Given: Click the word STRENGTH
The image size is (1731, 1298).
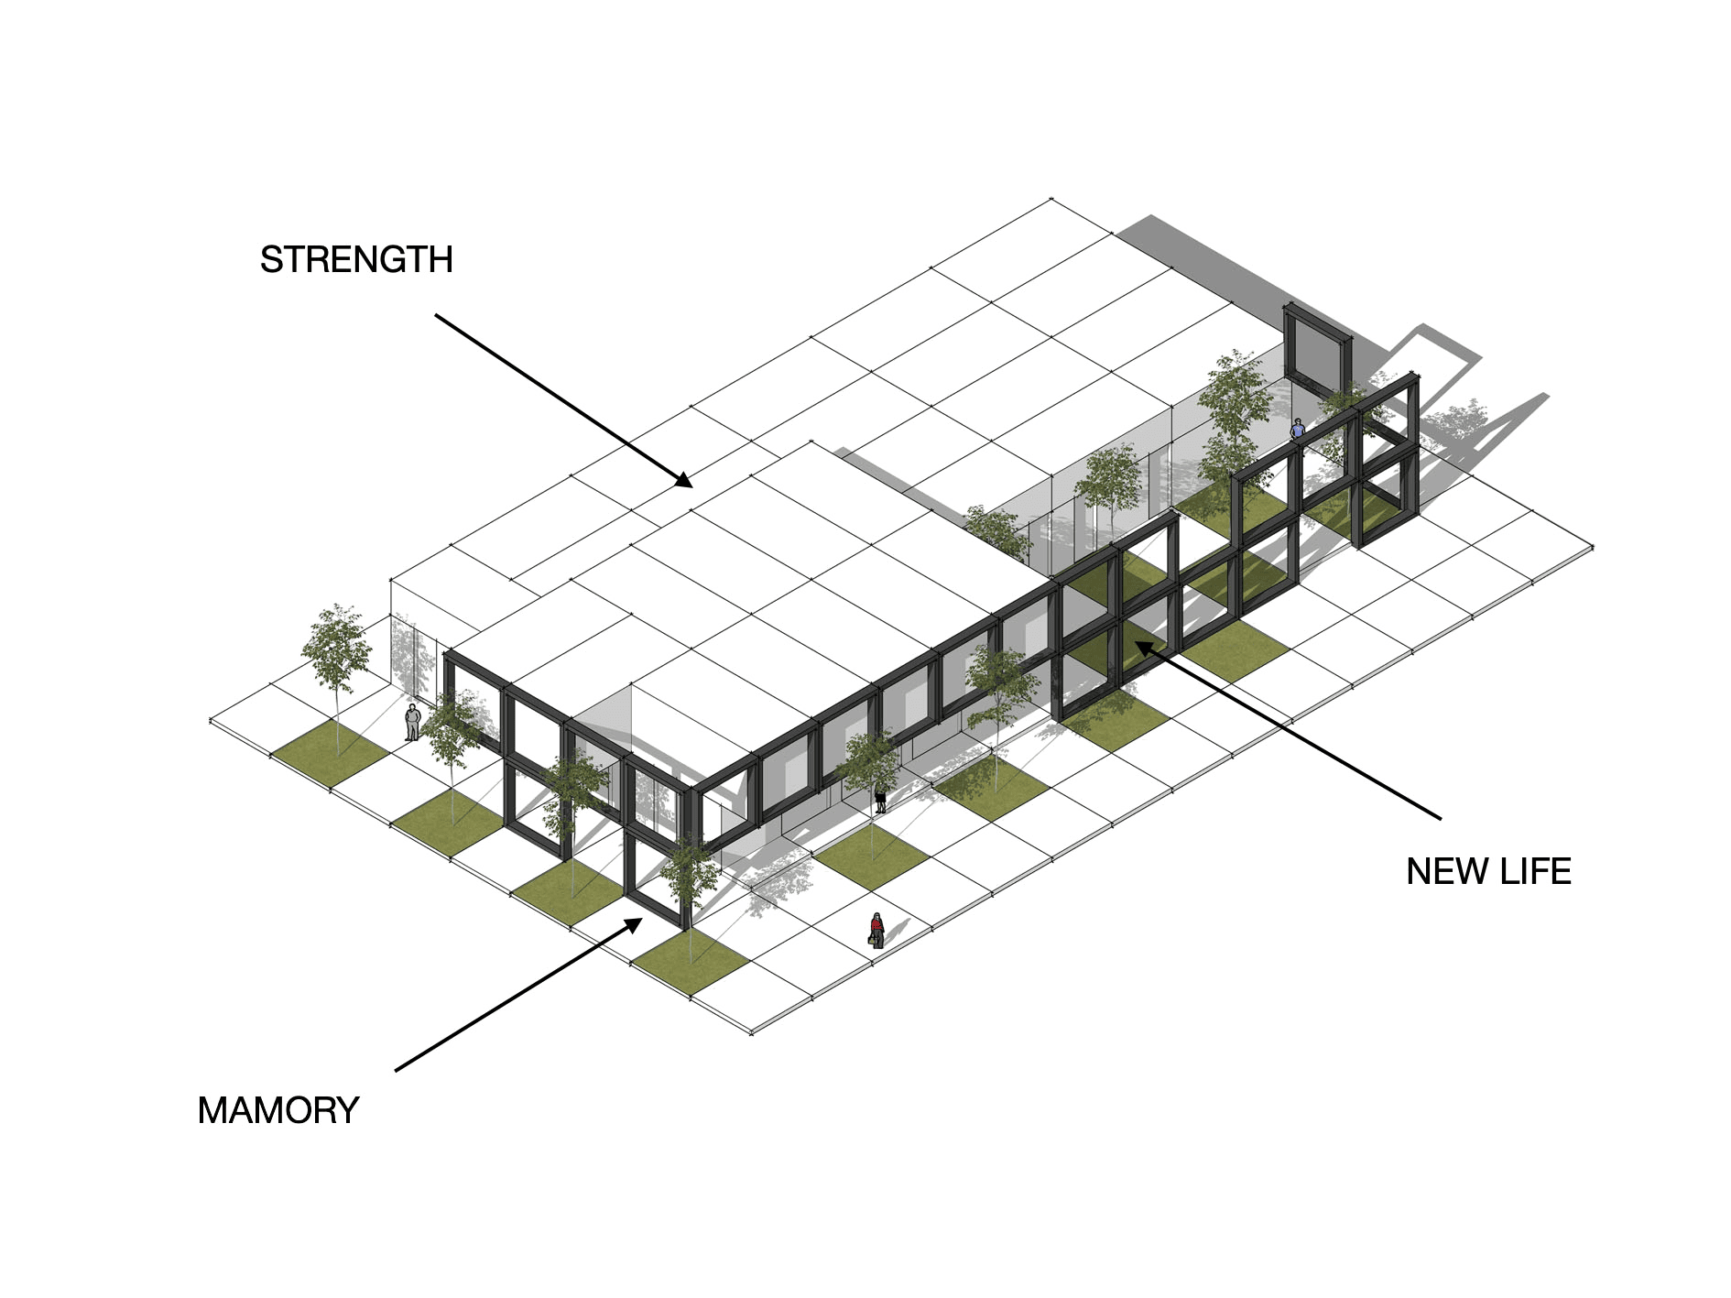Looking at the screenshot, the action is click(355, 260).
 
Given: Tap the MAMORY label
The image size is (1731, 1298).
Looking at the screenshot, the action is click(278, 1111).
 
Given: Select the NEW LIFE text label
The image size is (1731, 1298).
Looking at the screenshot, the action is click(1489, 870).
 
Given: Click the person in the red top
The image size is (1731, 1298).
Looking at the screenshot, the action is click(876, 929).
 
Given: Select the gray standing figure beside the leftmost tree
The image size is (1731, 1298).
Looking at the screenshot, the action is click(414, 720).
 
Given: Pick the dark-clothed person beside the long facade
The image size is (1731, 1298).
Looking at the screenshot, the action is click(880, 797).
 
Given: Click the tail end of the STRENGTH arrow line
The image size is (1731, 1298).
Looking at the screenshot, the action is click(434, 313).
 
